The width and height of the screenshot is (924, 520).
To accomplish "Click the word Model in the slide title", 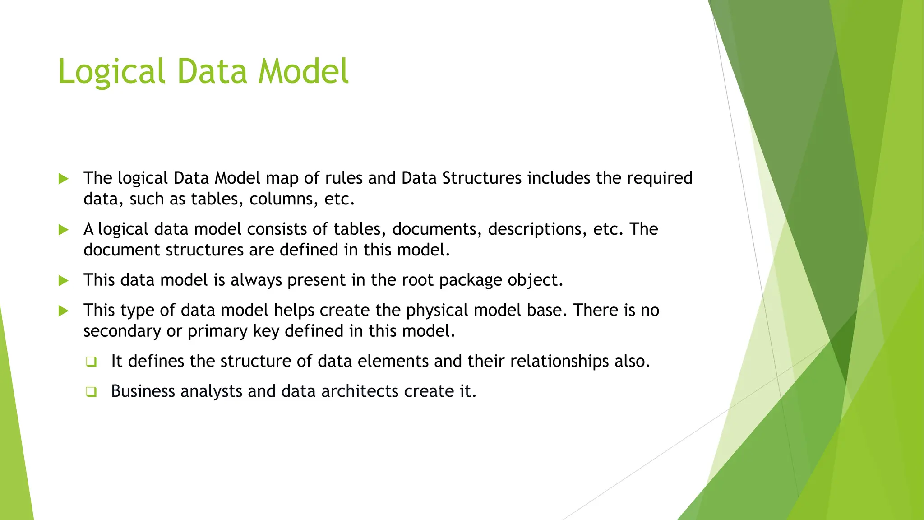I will click(x=303, y=71).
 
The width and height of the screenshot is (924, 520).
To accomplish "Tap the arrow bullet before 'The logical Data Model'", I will click(x=64, y=179).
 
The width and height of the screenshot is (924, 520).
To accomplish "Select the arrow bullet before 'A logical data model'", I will click(x=64, y=230).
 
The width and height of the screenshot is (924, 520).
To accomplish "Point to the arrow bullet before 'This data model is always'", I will click(x=64, y=281).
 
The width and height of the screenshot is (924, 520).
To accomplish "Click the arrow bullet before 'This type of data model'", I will click(x=64, y=311).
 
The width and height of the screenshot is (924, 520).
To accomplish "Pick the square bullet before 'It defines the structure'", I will click(x=92, y=362).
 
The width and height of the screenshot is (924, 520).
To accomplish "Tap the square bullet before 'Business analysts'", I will click(x=92, y=391).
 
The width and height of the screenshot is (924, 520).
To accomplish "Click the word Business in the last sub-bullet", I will click(x=143, y=391).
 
